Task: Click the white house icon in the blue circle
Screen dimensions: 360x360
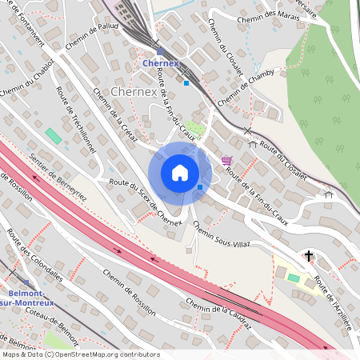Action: [180, 173]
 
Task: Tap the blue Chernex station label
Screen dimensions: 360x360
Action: [159, 62]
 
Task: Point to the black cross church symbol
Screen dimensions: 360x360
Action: [310, 256]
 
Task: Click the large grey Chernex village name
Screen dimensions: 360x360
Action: [134, 92]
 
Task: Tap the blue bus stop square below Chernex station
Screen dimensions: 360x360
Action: [186, 82]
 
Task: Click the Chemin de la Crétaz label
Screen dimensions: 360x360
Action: [118, 117]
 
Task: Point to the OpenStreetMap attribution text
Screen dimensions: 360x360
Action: [80, 354]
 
